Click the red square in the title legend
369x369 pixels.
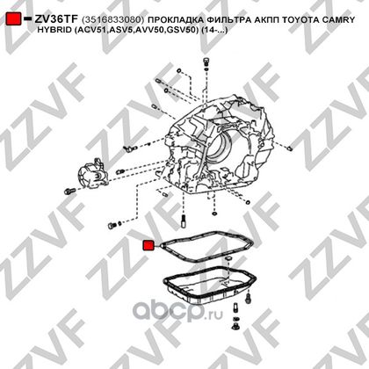(13, 18)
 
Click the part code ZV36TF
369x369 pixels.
(56, 19)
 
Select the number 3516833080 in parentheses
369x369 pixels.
(113, 19)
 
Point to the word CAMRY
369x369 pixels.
(338, 19)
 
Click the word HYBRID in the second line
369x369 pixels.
(54, 30)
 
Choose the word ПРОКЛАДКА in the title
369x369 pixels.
(175, 19)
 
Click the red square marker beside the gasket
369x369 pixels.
(148, 245)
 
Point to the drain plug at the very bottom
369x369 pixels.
(235, 326)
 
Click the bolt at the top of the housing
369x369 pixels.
(206, 61)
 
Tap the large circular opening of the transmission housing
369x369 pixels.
(220, 148)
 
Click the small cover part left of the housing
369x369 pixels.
(93, 174)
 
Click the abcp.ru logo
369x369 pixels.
(178, 311)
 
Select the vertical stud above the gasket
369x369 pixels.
(184, 221)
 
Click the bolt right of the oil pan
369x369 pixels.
(249, 299)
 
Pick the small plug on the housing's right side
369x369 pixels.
(289, 148)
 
